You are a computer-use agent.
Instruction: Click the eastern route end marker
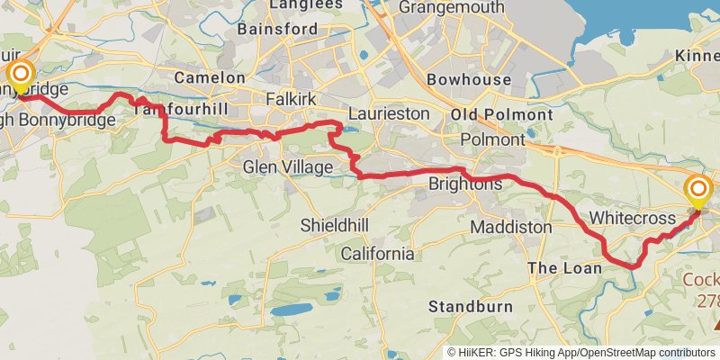coord(698,189)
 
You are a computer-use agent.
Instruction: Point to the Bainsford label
coord(277,29)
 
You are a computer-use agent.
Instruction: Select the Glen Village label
coord(288,167)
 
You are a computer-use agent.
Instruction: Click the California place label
coord(377,254)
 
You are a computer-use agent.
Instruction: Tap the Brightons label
coord(465,184)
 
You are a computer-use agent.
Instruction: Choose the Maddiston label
coord(511,227)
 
